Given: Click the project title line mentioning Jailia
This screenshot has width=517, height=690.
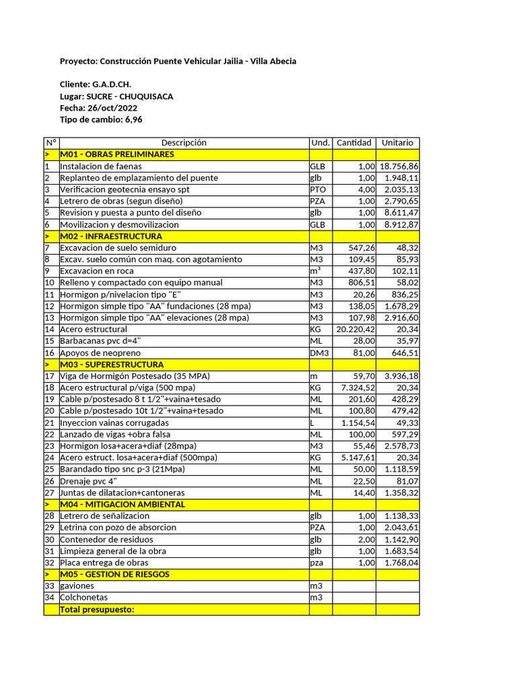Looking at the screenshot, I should (178, 61).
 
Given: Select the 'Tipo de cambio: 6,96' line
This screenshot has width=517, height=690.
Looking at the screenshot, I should (101, 119).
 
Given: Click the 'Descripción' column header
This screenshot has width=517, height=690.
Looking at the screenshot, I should (184, 143).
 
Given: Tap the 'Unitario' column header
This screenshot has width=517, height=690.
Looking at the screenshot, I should (397, 143).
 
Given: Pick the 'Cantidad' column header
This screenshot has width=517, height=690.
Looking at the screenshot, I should (353, 143).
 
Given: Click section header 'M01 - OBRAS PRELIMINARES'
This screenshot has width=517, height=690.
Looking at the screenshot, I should (117, 154).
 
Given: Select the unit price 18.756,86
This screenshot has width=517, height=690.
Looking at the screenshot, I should (399, 166).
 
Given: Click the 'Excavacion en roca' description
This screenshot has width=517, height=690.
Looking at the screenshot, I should (98, 271).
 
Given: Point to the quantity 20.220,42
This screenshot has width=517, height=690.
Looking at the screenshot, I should (355, 330).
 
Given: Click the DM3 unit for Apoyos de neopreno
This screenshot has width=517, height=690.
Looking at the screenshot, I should (319, 352).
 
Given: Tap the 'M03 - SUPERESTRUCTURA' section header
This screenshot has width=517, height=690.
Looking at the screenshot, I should (112, 365).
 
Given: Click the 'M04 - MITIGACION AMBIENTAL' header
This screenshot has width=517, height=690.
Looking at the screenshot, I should (122, 504).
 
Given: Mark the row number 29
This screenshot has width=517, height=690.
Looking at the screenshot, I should (48, 528).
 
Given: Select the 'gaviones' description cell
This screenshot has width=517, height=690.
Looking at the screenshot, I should (75, 586).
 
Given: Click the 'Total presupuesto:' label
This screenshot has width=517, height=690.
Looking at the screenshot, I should (97, 610).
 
